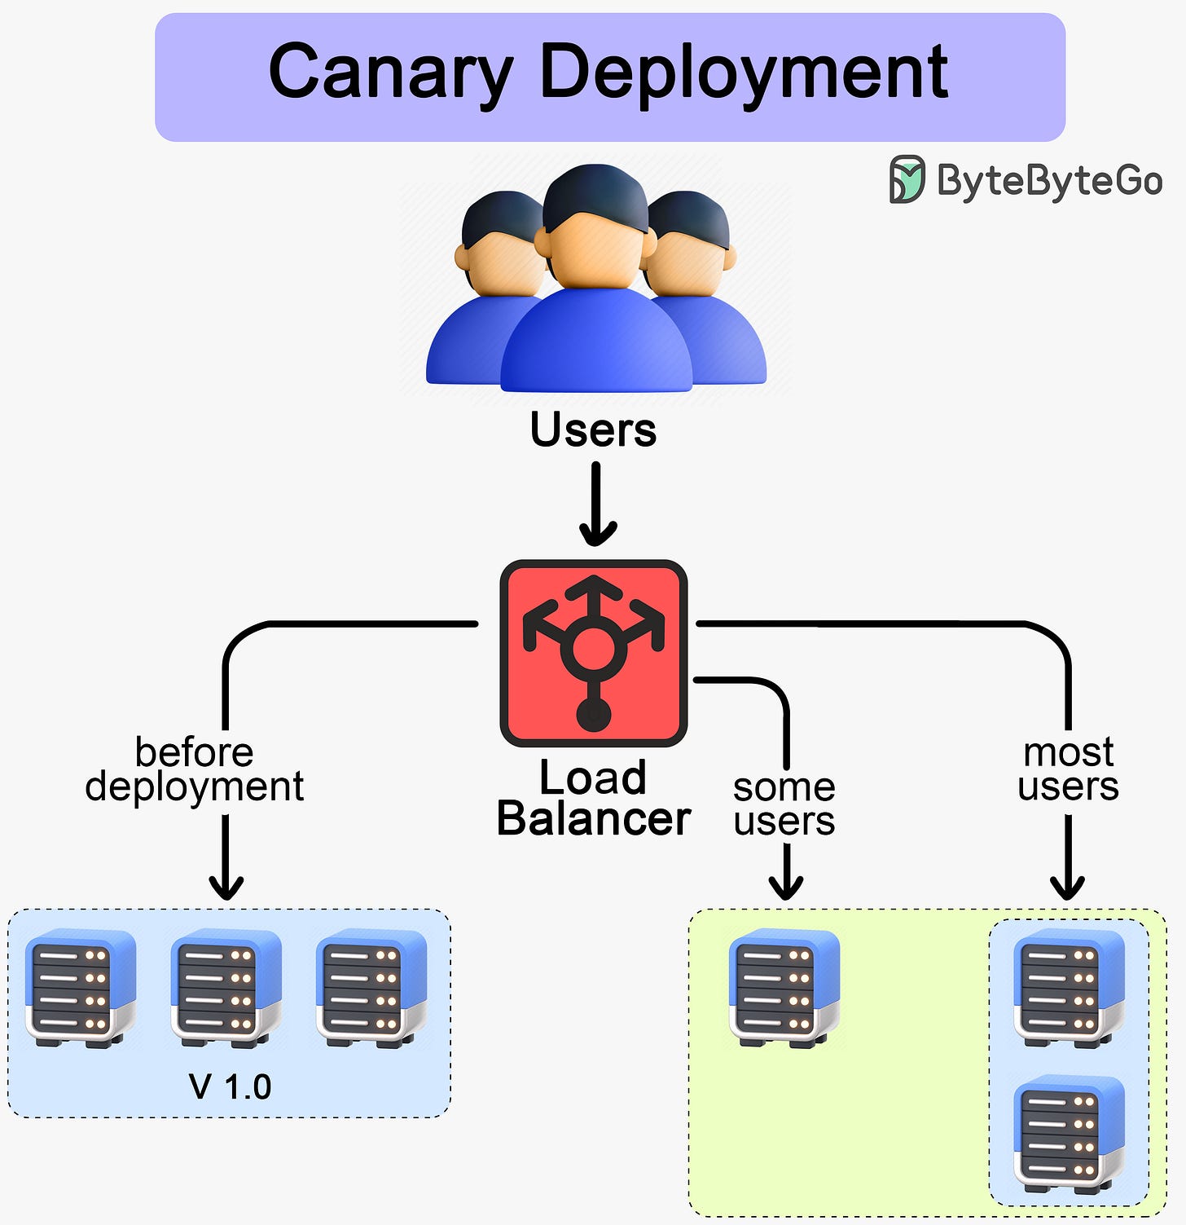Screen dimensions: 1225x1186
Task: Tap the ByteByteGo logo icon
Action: tap(907, 179)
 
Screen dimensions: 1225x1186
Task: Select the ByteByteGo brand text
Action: tap(1049, 180)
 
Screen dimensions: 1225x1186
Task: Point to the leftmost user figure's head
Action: tap(499, 245)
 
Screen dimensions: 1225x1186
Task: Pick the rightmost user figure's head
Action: tap(691, 245)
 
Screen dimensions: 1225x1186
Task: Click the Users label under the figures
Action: tap(593, 430)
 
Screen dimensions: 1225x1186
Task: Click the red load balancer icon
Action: tap(594, 653)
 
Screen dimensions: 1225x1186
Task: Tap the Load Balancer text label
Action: tap(593, 799)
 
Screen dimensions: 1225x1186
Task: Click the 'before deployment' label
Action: tap(195, 769)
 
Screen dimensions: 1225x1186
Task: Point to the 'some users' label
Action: tap(784, 804)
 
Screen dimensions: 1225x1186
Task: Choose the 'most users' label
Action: tap(1068, 769)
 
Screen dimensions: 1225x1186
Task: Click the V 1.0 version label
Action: tap(230, 1086)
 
